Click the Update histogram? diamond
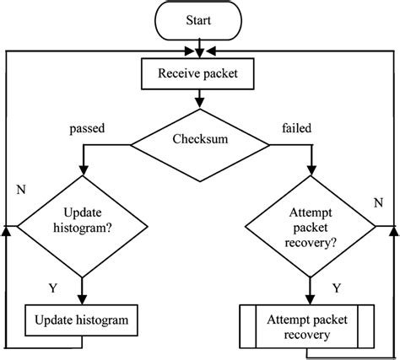(82, 226)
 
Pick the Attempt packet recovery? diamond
(311, 226)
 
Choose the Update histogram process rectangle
(81, 320)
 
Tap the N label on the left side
(19, 189)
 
